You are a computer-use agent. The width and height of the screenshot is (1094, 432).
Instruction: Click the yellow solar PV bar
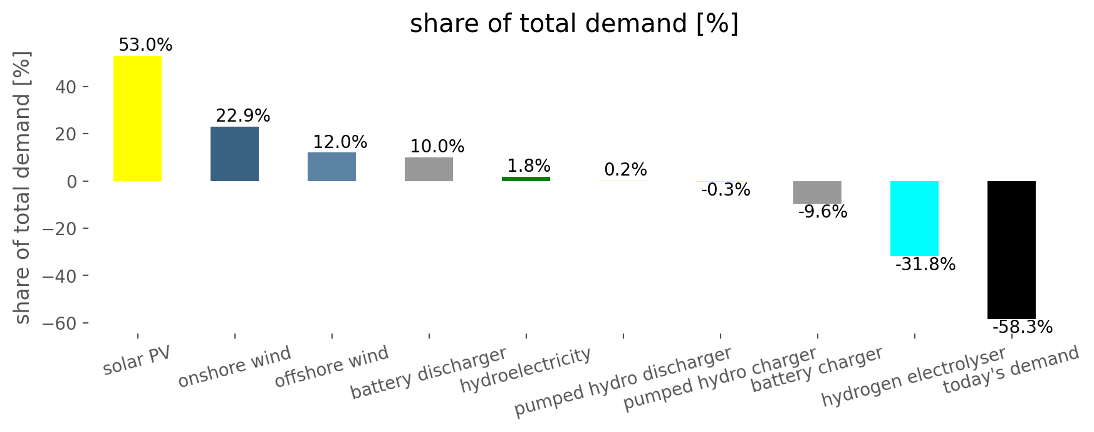click(x=137, y=119)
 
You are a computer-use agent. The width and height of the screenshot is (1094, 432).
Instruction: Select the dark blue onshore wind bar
click(x=234, y=154)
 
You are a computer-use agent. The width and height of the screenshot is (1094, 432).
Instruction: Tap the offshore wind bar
click(x=331, y=167)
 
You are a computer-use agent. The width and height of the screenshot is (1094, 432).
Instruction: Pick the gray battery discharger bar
click(x=429, y=169)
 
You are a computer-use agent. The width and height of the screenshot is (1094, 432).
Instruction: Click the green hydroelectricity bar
click(x=526, y=179)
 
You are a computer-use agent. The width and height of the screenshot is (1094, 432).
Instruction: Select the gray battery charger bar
click(x=817, y=192)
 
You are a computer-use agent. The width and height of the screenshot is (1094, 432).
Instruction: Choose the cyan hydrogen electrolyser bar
click(x=914, y=218)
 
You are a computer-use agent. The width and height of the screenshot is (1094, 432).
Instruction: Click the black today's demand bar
click(x=1011, y=250)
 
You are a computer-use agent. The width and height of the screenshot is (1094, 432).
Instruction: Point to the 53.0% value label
click(x=145, y=45)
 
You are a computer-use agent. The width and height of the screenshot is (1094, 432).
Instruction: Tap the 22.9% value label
click(x=243, y=116)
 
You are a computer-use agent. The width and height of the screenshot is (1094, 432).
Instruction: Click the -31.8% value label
click(x=925, y=265)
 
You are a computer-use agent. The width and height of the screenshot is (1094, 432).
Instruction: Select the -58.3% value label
click(x=1023, y=327)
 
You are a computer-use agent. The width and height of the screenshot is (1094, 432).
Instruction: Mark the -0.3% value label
click(x=726, y=190)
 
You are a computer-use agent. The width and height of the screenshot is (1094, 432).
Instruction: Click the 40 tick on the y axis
click(x=66, y=87)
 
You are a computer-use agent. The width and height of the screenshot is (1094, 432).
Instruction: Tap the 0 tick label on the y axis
click(x=71, y=182)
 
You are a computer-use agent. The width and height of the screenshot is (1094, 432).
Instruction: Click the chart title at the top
click(x=574, y=24)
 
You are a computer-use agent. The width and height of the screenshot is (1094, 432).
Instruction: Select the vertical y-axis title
click(x=22, y=187)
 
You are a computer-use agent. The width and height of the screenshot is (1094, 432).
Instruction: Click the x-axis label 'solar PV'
click(x=137, y=361)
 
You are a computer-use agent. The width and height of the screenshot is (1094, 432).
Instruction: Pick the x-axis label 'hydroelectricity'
click(x=526, y=370)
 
